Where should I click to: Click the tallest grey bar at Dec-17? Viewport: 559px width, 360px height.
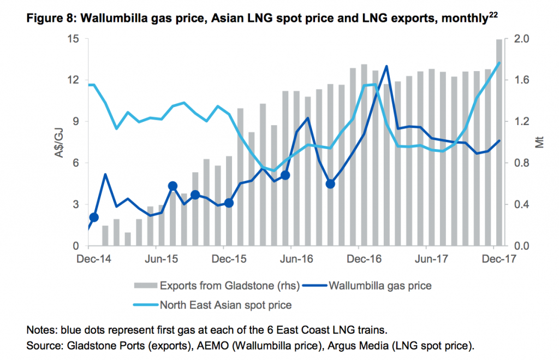[499, 142]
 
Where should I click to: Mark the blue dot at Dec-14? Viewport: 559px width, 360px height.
[93, 217]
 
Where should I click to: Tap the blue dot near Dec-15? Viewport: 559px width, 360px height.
[229, 203]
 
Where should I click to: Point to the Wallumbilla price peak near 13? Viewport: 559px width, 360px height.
[386, 66]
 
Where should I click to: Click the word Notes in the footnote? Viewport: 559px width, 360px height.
[38, 331]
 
